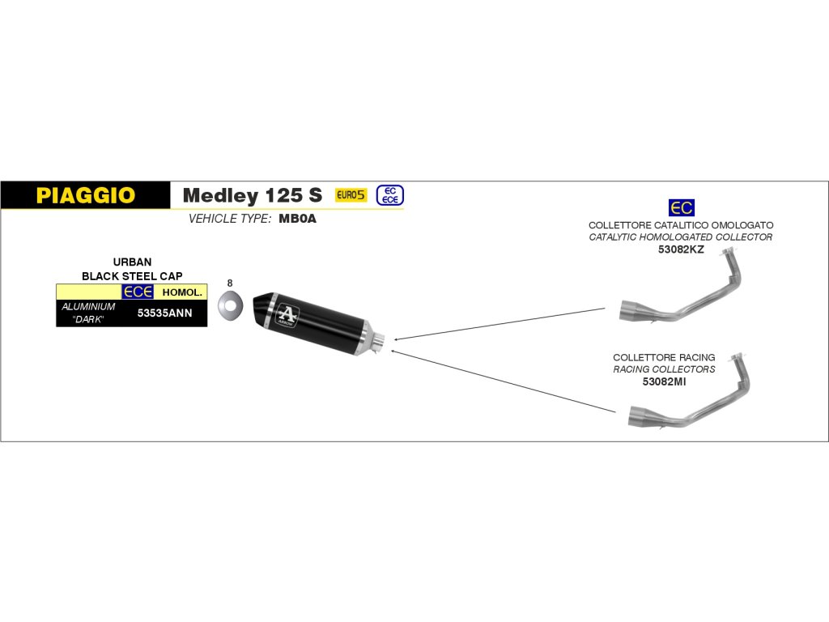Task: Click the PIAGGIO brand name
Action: click(85, 195)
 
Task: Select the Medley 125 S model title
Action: click(252, 195)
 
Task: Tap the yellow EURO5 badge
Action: click(351, 195)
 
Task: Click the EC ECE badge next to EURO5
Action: click(389, 195)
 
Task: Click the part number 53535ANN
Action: click(165, 313)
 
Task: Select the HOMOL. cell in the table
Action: click(181, 292)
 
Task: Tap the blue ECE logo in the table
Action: click(137, 292)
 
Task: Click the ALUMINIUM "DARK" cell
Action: click(88, 313)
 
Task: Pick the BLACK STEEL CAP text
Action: click(132, 276)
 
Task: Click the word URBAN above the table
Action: click(132, 262)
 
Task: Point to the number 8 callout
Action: click(230, 283)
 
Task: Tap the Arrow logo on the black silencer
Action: click(287, 314)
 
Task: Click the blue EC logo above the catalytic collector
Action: click(681, 207)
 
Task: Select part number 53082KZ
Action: click(681, 249)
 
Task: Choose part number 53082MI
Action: click(664, 381)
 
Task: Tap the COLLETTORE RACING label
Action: click(664, 357)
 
